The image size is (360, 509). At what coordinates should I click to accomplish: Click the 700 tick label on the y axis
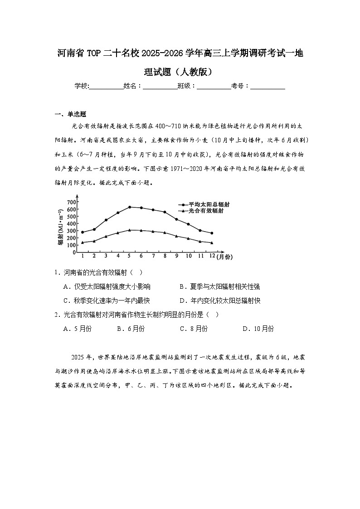(71, 202)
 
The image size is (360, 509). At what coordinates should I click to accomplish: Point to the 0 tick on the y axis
(73, 252)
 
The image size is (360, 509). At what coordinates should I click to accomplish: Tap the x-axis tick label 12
(211, 257)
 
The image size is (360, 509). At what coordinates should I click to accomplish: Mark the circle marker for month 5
(129, 207)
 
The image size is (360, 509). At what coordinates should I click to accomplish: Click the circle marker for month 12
(212, 233)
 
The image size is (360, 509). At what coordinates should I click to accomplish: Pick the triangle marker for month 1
(82, 242)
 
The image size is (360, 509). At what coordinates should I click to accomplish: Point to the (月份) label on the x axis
(224, 257)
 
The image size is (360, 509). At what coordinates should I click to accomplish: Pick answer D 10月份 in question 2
(258, 329)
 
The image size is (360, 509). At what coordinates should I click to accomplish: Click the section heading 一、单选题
(70, 114)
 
